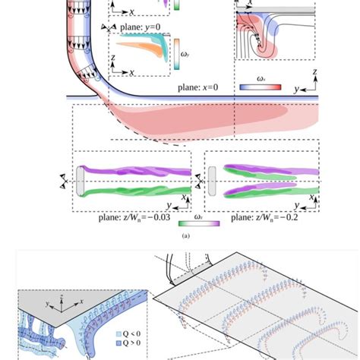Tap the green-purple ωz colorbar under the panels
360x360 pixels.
click(200, 223)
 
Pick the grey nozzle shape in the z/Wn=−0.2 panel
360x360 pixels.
click(211, 182)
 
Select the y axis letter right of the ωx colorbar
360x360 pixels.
click(297, 89)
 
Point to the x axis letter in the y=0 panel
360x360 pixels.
click(133, 73)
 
